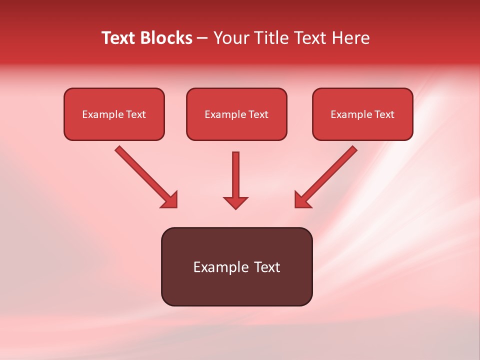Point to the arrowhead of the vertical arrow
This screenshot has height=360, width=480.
point(235,202)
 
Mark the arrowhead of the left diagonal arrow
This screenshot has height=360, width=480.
point(170,200)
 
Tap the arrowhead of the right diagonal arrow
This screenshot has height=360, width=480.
point(302,200)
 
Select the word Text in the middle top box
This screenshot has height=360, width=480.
point(258,114)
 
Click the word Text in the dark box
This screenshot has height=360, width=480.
point(267,267)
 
